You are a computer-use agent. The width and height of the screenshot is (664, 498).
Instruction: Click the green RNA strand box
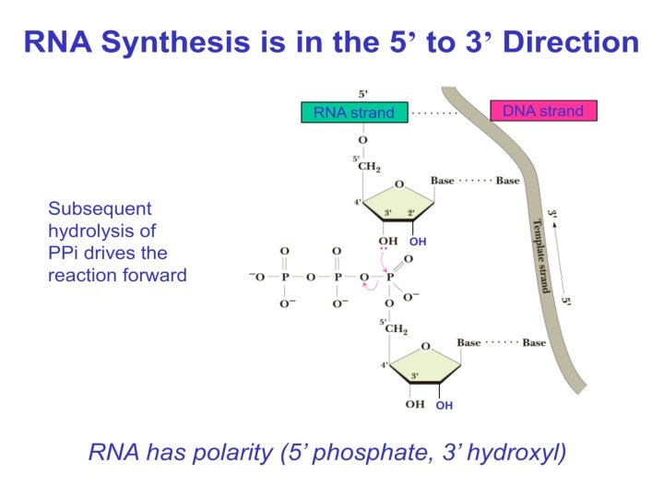353,113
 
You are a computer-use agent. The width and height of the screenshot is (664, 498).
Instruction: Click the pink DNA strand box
542,111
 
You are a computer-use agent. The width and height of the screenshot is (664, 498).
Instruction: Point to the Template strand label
539,255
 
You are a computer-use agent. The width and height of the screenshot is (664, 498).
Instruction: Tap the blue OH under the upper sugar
418,243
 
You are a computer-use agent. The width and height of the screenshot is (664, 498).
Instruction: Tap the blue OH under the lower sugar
444,405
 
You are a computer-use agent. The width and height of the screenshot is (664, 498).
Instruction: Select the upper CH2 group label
369,167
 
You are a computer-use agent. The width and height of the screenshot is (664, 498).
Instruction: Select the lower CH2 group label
395,329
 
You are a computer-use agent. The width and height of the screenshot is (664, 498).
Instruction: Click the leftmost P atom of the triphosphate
284,277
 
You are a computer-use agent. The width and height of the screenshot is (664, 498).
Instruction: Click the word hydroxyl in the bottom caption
516,453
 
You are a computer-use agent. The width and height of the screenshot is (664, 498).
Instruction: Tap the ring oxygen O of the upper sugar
398,184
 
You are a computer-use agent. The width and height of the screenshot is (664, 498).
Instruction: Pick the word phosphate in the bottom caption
346,453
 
